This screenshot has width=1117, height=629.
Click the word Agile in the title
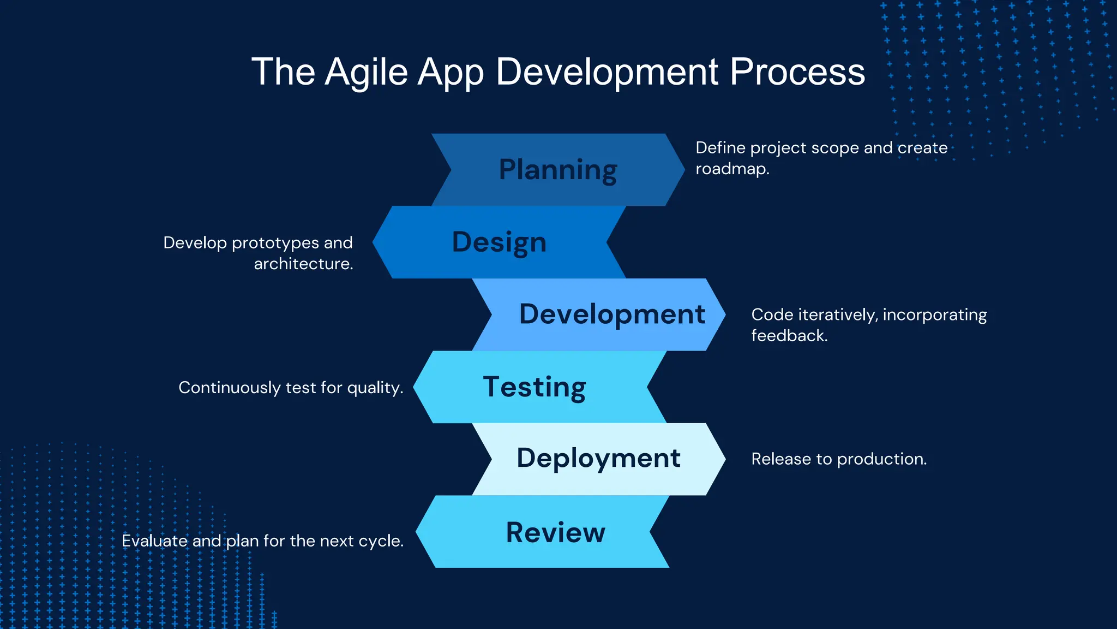366,72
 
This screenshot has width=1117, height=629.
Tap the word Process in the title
797,72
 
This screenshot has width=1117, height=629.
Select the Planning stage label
558,170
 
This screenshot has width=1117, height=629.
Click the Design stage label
499,242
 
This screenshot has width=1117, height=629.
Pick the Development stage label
612,314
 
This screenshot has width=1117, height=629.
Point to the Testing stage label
535,387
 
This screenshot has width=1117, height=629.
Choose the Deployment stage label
598,458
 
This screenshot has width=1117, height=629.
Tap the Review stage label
555,532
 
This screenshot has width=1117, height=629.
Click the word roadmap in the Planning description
731,169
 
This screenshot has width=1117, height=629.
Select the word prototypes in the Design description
275,243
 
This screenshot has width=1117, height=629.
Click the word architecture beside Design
303,264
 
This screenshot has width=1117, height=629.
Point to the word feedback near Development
788,335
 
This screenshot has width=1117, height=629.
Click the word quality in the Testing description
374,388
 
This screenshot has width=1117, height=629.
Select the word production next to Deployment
880,459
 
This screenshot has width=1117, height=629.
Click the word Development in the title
607,72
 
